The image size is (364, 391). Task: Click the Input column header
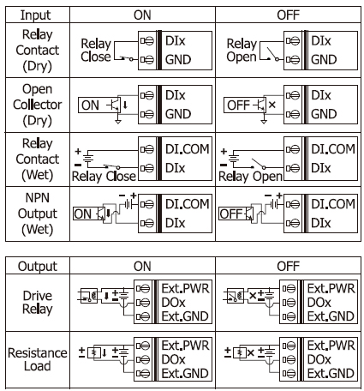(x=35, y=15)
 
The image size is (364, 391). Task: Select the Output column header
(x=38, y=267)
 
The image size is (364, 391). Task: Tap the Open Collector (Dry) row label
(x=38, y=105)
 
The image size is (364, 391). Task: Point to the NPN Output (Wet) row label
(x=38, y=214)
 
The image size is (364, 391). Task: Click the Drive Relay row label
(x=38, y=303)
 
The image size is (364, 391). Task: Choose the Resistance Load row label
(x=38, y=359)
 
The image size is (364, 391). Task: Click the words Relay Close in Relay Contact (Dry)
(x=96, y=51)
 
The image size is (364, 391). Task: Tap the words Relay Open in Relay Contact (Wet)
(x=250, y=177)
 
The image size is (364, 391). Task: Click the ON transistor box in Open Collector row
(x=99, y=105)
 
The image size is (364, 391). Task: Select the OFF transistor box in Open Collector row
(x=245, y=105)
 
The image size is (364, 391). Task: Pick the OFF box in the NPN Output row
(x=236, y=214)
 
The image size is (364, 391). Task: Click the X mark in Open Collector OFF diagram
(x=272, y=105)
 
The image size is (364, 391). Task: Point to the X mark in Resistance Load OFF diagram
(x=251, y=352)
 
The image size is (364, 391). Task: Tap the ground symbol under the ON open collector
(x=118, y=122)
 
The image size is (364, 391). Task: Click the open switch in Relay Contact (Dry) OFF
(x=272, y=55)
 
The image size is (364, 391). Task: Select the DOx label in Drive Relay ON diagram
(x=173, y=303)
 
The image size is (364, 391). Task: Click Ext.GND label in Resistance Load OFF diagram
(x=331, y=373)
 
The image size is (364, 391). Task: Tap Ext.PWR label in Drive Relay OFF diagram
(x=331, y=288)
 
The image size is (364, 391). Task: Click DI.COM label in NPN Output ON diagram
(x=188, y=204)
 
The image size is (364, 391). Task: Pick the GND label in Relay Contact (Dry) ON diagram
(x=178, y=60)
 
